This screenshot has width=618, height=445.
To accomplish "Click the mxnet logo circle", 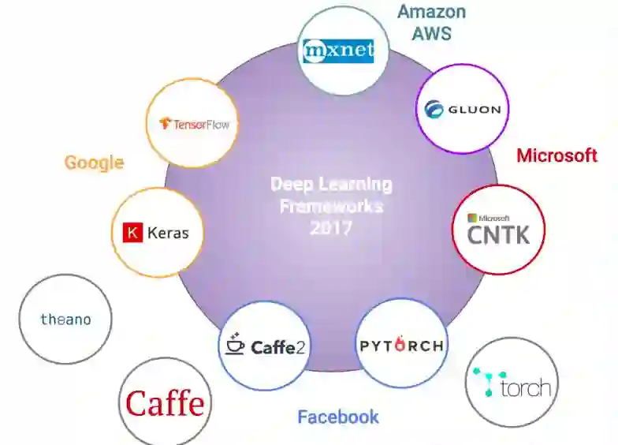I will point(338,51).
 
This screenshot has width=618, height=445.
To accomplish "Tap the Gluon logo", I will point(463,109).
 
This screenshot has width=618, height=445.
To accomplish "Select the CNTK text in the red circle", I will point(498,234).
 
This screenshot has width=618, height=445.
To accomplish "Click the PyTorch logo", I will point(401,345).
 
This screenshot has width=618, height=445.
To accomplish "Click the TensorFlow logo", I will point(194,123).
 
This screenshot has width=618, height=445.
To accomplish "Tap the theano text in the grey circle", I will point(65,320).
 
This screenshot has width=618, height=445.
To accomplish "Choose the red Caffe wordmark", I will point(165,404).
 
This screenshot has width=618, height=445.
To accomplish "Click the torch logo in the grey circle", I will point(512,383).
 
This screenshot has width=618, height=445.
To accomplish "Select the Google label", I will point(94,163).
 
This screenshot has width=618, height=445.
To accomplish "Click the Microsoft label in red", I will point(557,155).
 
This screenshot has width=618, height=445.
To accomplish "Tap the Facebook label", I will point(338,417).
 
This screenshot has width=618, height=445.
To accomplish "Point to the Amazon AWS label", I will point(431,21).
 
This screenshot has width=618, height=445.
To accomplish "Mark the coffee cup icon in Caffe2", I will point(234,345).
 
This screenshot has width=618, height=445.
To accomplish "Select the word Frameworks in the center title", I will point(331,206).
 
